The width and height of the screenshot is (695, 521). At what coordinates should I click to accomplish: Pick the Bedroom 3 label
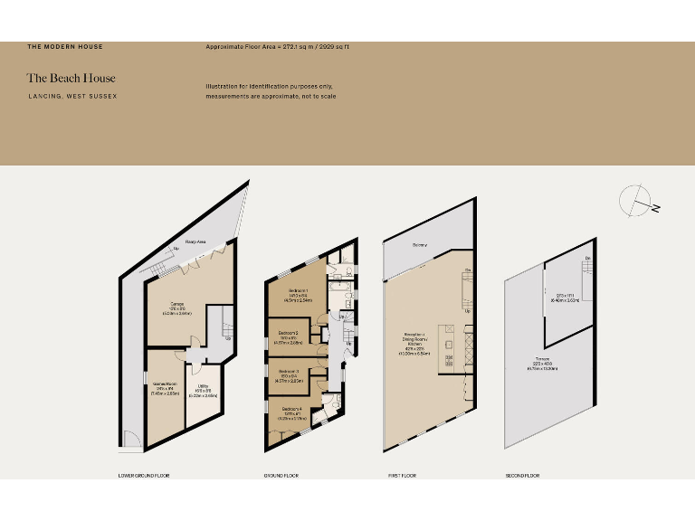[x=288, y=372]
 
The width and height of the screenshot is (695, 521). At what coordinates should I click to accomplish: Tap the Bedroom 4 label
[x=290, y=410]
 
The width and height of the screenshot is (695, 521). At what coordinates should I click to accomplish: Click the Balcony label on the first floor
[x=420, y=245]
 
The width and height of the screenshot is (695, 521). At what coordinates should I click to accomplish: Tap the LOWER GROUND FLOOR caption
[x=144, y=475]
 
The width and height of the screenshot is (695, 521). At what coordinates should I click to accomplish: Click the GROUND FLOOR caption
[x=281, y=475]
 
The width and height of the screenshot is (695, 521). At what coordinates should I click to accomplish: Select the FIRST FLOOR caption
[x=403, y=475]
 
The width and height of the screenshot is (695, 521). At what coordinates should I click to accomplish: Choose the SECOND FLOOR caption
[x=522, y=475]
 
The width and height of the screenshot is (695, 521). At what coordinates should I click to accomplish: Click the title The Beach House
[x=71, y=78]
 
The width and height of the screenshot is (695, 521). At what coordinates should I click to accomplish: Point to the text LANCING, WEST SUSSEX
[x=71, y=96]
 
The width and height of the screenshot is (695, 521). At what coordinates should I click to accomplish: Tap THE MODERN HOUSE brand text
[x=65, y=46]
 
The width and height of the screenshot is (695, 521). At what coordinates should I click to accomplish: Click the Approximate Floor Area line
[x=277, y=46]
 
